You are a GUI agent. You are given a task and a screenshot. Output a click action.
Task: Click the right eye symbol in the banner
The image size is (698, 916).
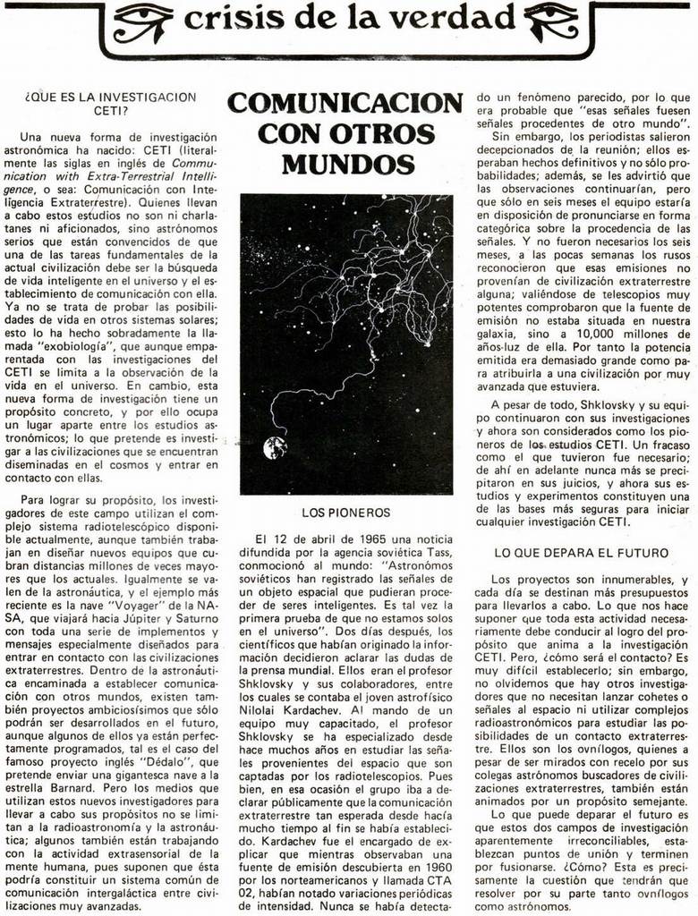coord(556,21)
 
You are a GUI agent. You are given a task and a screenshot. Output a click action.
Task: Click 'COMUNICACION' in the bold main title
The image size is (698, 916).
coord(345,102)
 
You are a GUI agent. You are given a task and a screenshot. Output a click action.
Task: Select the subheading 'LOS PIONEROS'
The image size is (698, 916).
coord(345,513)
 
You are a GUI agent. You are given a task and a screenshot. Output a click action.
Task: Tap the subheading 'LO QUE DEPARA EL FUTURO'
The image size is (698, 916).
coord(582,553)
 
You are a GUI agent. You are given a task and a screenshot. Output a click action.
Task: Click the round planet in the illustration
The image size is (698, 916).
coord(275,447)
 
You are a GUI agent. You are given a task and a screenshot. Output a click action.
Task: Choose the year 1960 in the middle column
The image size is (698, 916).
coord(434,867)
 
